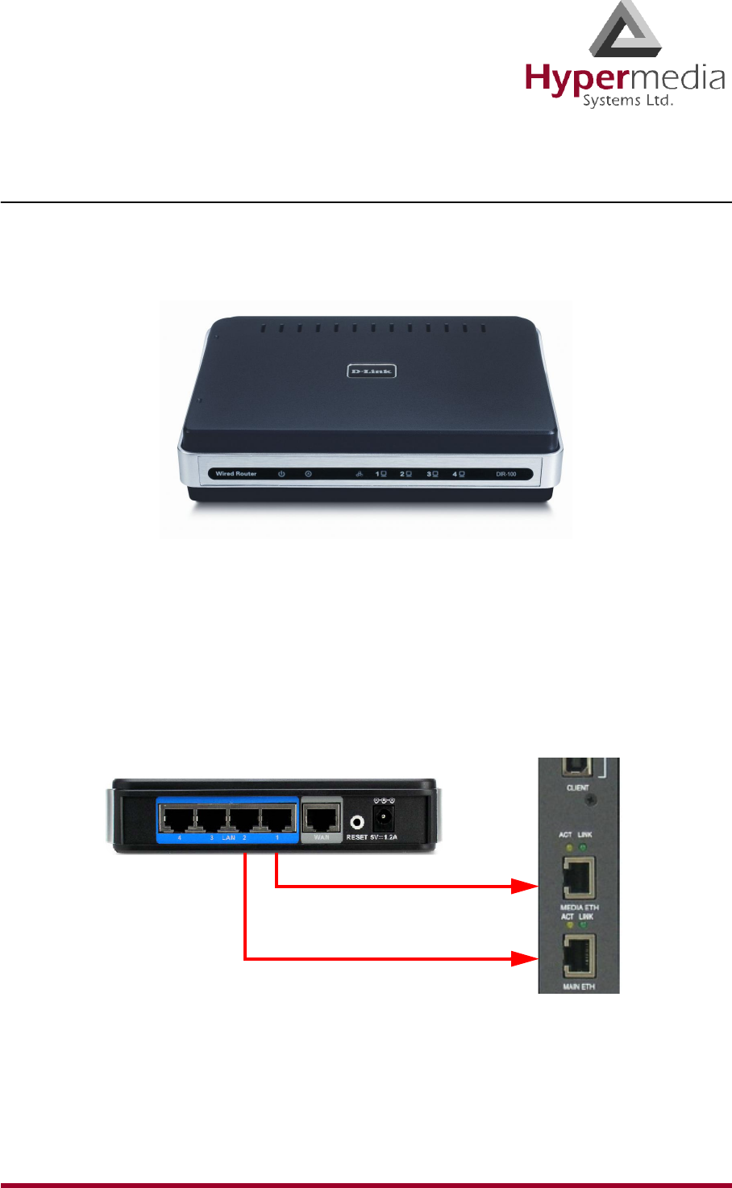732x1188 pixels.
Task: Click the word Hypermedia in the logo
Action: tap(625, 79)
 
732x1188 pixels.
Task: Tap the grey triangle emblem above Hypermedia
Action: tap(626, 31)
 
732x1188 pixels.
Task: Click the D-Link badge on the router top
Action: tap(372, 371)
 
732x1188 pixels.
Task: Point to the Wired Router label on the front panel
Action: tap(236, 474)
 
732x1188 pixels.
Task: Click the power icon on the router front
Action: tap(281, 474)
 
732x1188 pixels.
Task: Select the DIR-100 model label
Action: tap(506, 474)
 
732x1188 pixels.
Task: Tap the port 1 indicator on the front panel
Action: tap(381, 474)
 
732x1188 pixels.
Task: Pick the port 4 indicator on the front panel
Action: tap(458, 474)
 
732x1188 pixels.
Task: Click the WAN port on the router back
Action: tap(322, 818)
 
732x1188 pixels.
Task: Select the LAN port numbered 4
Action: tap(179, 818)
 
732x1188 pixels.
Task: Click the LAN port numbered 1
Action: tap(277, 818)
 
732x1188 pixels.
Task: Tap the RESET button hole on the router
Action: tap(357, 822)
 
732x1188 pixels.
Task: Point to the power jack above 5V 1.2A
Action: tap(385, 819)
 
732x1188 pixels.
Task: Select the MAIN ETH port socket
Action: tap(579, 957)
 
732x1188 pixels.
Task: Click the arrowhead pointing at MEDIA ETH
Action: tap(526, 887)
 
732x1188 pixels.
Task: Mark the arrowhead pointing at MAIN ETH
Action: tap(526, 959)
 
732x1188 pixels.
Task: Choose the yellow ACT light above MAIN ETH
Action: tap(569, 925)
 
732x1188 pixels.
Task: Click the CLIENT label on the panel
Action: tap(578, 787)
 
